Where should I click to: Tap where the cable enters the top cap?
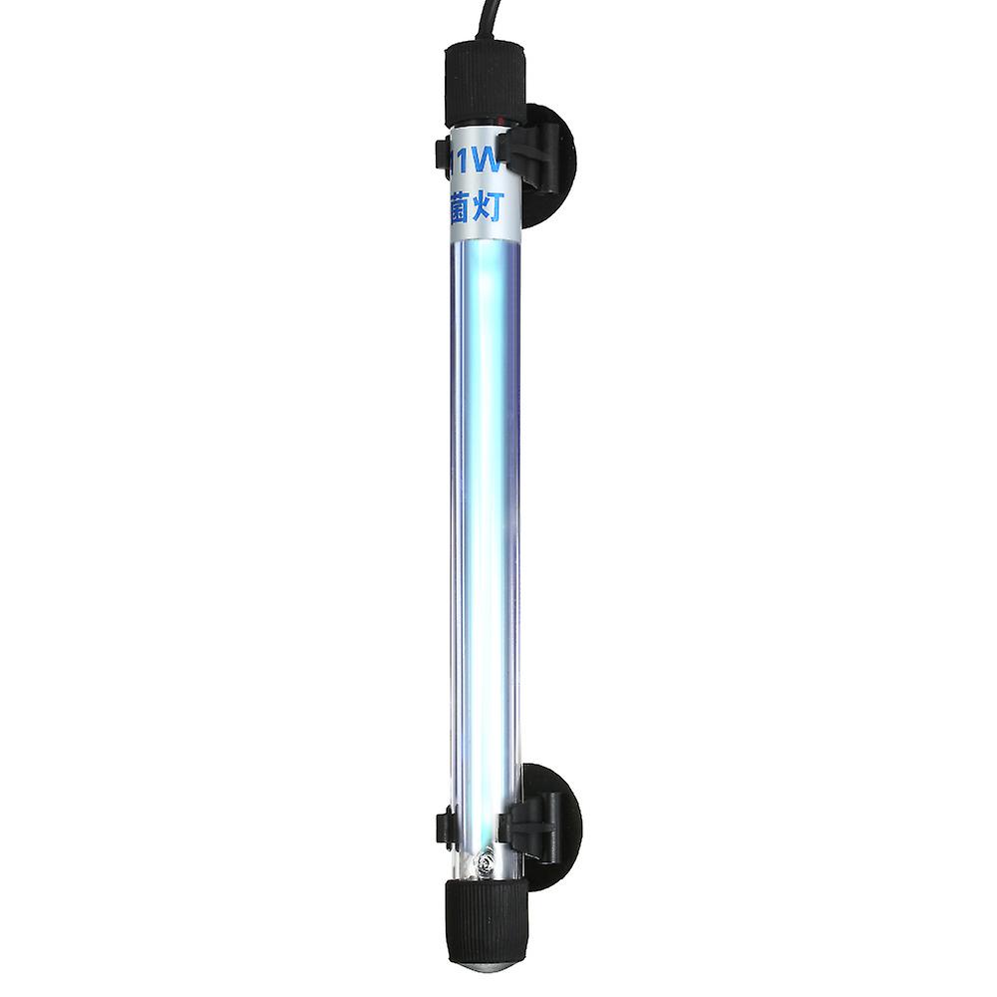click(x=485, y=40)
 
